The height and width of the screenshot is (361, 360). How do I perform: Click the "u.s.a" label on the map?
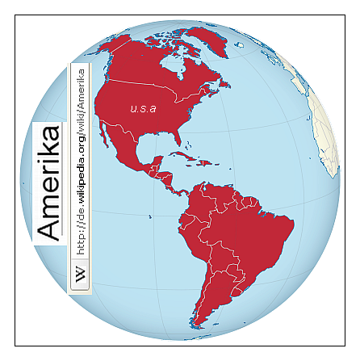(142, 107)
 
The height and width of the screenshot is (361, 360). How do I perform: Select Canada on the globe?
(153, 65)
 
